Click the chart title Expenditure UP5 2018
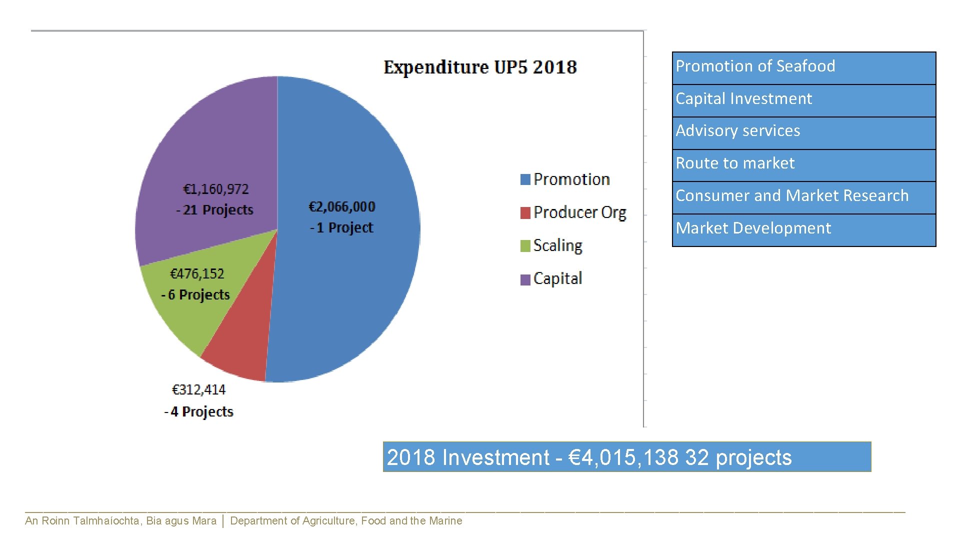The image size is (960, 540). pos(480,67)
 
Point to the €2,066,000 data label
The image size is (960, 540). pos(342,206)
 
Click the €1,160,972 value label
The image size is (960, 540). pos(216,189)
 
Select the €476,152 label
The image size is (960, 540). pos(197,273)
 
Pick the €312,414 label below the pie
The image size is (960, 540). pos(198,389)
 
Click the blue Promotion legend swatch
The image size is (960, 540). pos(525,179)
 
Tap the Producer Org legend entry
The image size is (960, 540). pos(579,212)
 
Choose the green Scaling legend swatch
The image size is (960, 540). pos(525,246)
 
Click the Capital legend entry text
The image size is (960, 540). pos(557,278)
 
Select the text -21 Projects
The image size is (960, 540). pos(214,210)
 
